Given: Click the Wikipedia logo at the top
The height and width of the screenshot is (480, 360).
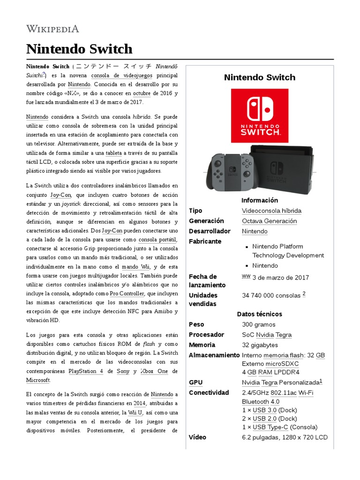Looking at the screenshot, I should (52, 29).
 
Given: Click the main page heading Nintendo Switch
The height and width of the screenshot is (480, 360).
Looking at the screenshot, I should (79, 49).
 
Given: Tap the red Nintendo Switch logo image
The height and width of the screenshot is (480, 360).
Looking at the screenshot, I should (260, 115).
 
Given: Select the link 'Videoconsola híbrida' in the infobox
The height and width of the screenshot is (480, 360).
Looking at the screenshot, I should (271, 211).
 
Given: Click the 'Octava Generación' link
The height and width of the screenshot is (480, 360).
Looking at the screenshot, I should (269, 221).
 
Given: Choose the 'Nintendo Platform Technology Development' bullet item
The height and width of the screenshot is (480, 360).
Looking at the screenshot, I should (288, 251).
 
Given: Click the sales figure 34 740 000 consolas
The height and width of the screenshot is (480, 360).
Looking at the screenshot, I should (271, 296).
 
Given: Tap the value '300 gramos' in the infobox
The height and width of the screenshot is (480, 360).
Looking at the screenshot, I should (258, 324).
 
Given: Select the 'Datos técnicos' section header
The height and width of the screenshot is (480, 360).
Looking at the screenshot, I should (259, 314).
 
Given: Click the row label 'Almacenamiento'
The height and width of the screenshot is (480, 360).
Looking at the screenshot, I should (214, 355).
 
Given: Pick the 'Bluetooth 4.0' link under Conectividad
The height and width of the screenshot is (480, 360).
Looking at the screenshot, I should (261, 402).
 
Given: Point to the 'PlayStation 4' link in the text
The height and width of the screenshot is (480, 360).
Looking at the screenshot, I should (86, 371).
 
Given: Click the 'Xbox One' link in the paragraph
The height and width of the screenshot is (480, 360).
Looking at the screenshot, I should (154, 371).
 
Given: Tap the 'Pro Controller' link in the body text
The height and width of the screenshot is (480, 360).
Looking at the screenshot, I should (127, 293).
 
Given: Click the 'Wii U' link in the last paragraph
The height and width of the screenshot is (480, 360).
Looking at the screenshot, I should (135, 412).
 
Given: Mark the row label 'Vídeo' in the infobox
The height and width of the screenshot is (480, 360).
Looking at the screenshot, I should (197, 437).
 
